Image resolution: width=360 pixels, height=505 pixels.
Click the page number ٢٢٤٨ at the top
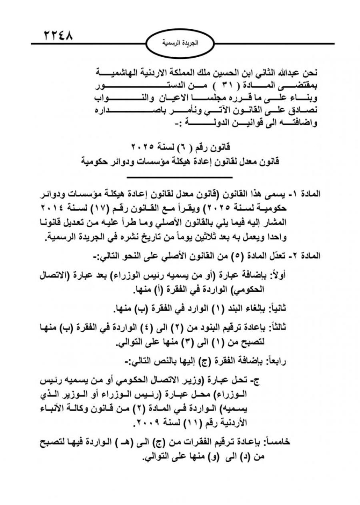coord(58,36)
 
